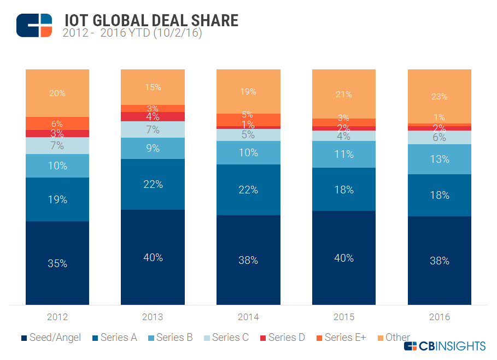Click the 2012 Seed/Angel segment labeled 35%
pos(57,263)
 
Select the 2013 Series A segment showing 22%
pos(153,184)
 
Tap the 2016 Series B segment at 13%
pos(439,160)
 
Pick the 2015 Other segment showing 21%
pos(343,94)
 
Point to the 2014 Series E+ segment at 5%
pos(248,120)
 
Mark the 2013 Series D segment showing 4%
pos(153,116)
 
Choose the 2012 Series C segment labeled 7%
pos(57,145)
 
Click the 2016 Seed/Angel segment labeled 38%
pos(439,261)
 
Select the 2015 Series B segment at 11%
pos(343,154)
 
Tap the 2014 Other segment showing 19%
pos(248,91)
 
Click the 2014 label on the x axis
pos(248,317)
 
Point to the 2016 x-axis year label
pos(439,317)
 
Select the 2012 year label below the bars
pos(57,317)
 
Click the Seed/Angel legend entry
pos(51,338)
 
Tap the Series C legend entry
pos(225,338)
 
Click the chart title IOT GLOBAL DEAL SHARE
pos(150,20)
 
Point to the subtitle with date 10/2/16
pos(133,33)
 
